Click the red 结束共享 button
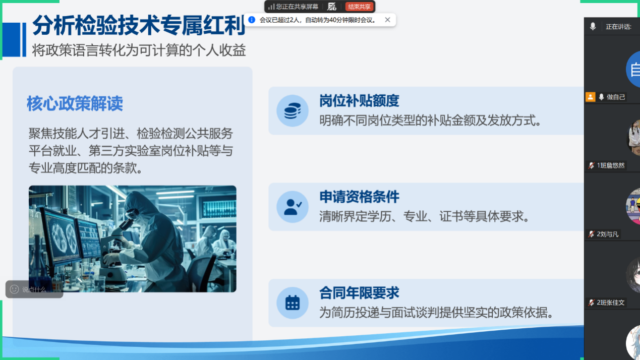point(359,7)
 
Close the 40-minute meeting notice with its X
point(387,20)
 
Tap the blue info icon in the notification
point(252,20)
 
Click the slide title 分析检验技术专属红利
point(139,26)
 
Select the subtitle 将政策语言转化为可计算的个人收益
point(139,50)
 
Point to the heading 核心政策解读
point(75,103)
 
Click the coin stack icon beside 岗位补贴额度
point(293,111)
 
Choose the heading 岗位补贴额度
point(359,100)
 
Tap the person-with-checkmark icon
point(293,207)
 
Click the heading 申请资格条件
point(359,197)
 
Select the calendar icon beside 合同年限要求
point(293,303)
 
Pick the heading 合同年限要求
point(359,293)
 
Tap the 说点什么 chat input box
point(34,289)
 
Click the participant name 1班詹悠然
point(611,165)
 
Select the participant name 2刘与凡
point(607,234)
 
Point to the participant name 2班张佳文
point(611,303)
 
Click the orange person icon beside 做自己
point(590,97)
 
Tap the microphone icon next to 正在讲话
point(593,27)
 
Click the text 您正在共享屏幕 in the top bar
point(297,7)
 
